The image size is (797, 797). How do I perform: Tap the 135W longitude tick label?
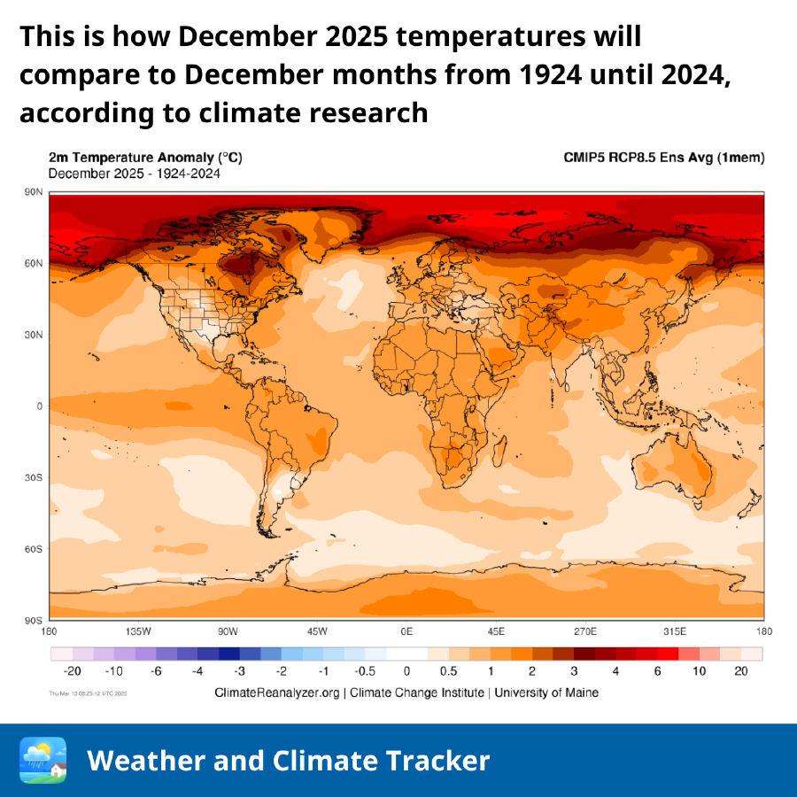click(x=138, y=631)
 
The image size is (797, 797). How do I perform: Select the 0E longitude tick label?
click(x=406, y=631)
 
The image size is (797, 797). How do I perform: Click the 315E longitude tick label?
click(x=675, y=631)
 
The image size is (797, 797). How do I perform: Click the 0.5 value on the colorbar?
click(x=448, y=671)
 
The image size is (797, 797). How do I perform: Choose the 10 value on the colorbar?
click(x=700, y=671)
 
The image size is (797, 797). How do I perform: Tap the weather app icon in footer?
click(x=43, y=760)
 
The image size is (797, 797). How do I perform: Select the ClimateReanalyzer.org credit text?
click(x=277, y=693)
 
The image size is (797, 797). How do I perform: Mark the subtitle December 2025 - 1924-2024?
click(x=135, y=174)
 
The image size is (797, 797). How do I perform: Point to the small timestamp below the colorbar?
click(x=89, y=693)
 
